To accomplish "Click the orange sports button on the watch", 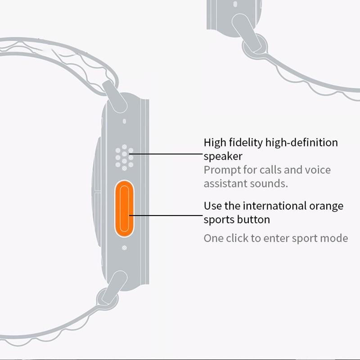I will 124,208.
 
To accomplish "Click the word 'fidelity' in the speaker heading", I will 246,143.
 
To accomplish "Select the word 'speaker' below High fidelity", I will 223,157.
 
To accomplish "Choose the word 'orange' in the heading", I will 327,207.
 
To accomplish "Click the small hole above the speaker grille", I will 124,121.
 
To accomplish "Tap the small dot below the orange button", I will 124,247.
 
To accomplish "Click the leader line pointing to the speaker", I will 166,153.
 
